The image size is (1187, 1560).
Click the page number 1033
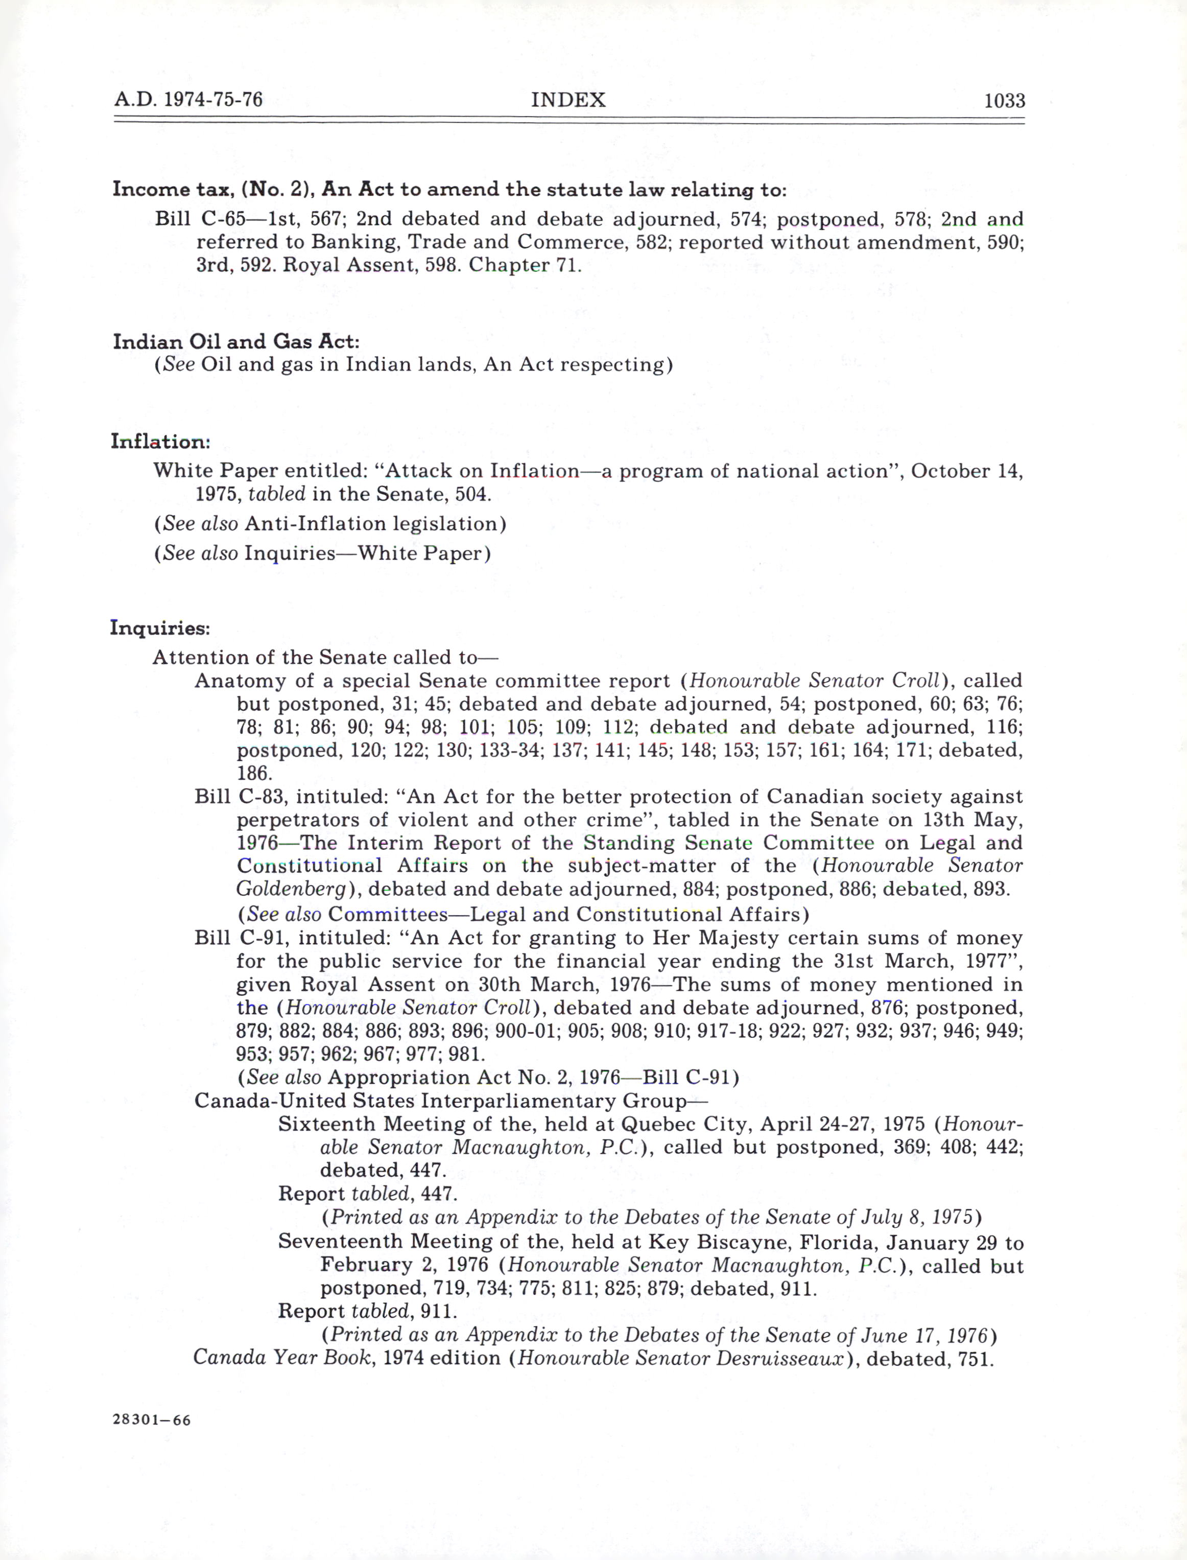(1004, 100)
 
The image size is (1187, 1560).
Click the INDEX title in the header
(568, 100)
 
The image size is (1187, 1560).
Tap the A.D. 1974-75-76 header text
(188, 100)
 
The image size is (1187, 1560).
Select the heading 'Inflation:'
(160, 442)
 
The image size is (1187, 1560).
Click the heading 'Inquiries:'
(160, 627)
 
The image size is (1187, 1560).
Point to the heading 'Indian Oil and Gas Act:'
(236, 341)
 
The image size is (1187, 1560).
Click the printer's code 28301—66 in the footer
(151, 1420)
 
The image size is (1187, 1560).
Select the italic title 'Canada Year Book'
(282, 1359)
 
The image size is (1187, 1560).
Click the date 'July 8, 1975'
(916, 1217)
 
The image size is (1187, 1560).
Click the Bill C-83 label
(240, 797)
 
